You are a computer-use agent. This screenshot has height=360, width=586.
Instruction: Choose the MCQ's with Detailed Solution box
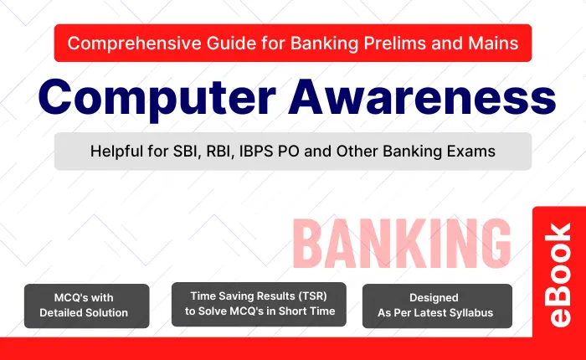tap(86, 306)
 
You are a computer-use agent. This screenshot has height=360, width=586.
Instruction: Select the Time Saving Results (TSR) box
tap(260, 304)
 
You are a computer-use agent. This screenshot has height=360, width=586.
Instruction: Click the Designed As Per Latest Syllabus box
tap(436, 306)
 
